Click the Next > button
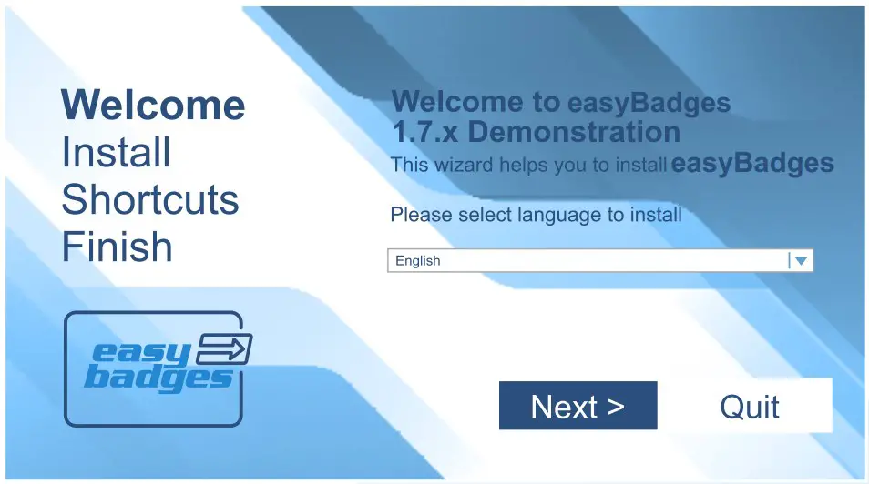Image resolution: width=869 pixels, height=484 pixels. (578, 406)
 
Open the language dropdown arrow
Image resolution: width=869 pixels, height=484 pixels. (801, 261)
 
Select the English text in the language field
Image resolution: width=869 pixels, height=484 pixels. (418, 261)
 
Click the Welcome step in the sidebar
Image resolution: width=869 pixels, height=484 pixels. (153, 105)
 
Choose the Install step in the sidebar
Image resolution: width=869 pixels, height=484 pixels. (116, 152)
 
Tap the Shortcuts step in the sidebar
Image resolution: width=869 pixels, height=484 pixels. (149, 199)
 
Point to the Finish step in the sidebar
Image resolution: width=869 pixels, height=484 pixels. (117, 247)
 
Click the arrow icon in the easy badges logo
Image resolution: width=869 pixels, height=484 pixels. (225, 348)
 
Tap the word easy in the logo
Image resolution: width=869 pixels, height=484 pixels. (145, 352)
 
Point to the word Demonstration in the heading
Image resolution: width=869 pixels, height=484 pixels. (574, 132)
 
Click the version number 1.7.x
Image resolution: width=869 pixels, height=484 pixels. (424, 132)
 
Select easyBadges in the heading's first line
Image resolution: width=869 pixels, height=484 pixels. (649, 102)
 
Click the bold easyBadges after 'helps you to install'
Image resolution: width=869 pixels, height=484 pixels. (752, 164)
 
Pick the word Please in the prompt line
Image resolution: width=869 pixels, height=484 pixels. (421, 216)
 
